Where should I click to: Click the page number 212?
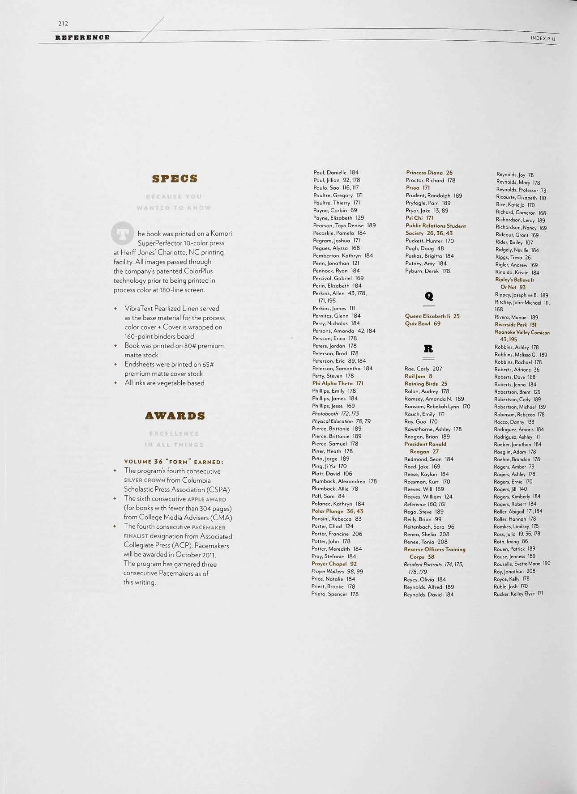click(x=63, y=23)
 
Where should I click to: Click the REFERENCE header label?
click(x=82, y=37)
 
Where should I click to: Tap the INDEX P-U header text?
click(x=546, y=38)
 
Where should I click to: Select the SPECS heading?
click(x=175, y=178)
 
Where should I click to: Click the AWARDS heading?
click(x=175, y=416)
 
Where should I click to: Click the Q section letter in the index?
click(x=429, y=296)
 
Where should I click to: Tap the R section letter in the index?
click(x=428, y=348)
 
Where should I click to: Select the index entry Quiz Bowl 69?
click(x=423, y=323)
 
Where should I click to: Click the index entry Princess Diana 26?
click(x=429, y=173)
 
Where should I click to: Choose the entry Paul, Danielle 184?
click(x=336, y=172)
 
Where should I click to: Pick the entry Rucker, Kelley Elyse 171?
click(x=518, y=594)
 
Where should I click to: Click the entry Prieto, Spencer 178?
click(x=335, y=594)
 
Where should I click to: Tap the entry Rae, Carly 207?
click(x=423, y=369)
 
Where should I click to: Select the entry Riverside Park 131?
click(x=515, y=325)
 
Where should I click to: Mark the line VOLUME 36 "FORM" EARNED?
click(x=174, y=462)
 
